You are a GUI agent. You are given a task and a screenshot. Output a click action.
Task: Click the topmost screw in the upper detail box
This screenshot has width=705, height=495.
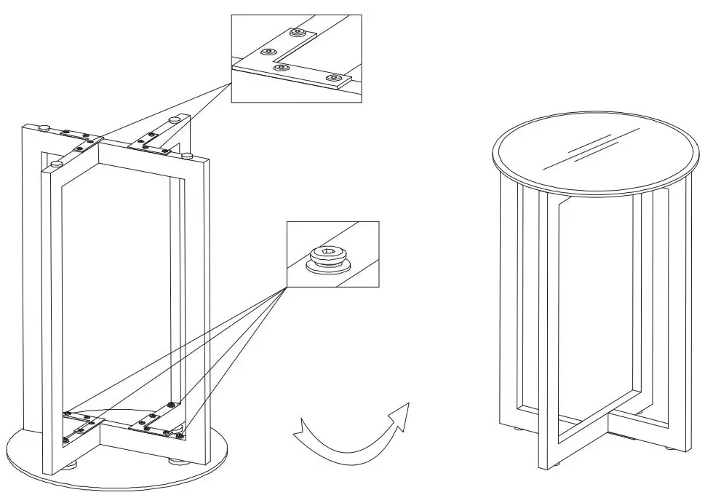click(x=297, y=33)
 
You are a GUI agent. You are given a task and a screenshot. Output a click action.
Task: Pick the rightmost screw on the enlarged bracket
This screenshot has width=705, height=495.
click(x=334, y=77)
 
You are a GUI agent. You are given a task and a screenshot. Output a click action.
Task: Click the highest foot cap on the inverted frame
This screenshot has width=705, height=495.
click(x=175, y=118)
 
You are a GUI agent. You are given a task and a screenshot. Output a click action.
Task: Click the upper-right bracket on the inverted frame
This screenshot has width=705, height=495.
click(x=153, y=142)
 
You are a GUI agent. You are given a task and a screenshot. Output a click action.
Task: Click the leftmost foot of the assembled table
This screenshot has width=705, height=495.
click(x=517, y=430)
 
